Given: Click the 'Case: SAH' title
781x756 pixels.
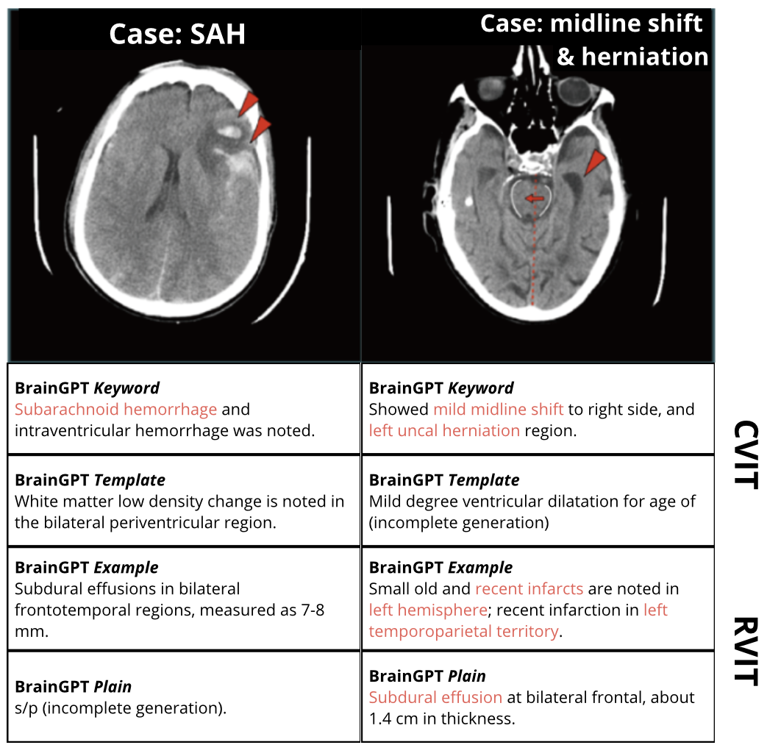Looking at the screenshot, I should [x=177, y=33].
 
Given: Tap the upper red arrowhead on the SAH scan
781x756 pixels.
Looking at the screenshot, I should [x=250, y=104].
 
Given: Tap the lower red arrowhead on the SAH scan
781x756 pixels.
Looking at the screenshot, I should [x=260, y=129].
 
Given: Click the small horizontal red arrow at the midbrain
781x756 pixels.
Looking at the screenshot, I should [x=535, y=199].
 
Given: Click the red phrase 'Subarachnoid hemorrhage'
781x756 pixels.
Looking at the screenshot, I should [x=115, y=409].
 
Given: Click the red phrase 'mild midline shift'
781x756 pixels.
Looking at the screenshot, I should [x=498, y=409].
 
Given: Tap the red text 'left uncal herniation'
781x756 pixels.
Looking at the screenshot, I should [x=444, y=430].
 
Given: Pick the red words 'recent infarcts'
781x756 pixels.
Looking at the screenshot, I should [x=529, y=588].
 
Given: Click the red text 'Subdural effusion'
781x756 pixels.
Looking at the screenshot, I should [x=435, y=696].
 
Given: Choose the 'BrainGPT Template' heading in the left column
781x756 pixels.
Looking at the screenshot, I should [x=90, y=480].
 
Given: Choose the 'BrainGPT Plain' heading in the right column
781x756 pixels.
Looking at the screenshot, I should [x=427, y=675].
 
